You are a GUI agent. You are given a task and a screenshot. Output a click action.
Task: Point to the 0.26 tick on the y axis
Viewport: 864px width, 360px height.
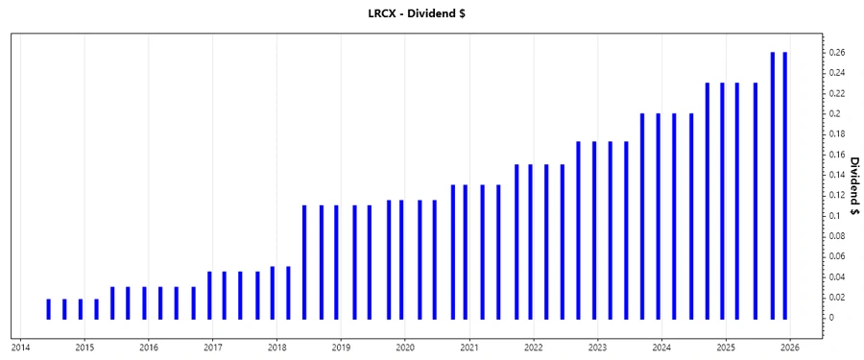click(835, 53)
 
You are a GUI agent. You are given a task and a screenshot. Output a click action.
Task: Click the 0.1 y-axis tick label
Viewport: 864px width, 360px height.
click(833, 216)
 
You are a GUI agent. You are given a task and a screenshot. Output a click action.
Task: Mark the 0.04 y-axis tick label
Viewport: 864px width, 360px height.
click(835, 277)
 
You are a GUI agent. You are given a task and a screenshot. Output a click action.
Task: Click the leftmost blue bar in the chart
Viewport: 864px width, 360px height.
click(48, 308)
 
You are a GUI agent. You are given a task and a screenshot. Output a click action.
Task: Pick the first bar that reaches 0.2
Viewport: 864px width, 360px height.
click(642, 216)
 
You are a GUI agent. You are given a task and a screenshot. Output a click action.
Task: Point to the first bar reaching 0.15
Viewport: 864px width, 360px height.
click(516, 241)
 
